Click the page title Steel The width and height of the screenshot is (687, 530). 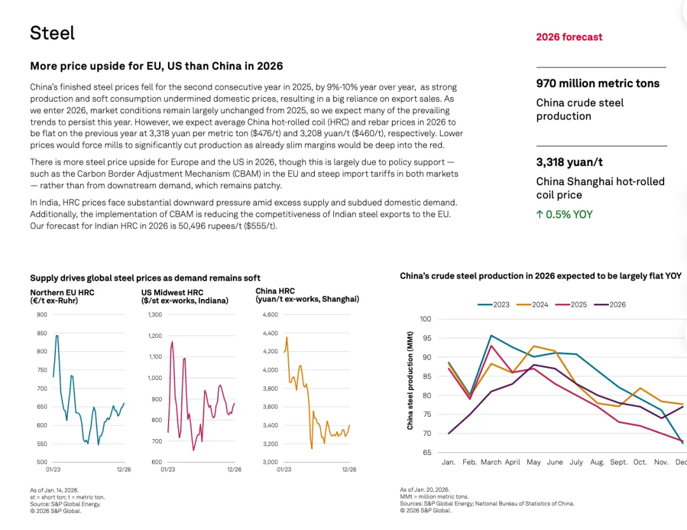tap(52, 33)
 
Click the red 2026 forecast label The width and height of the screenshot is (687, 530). tap(569, 37)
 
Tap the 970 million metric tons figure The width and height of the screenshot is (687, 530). tap(597, 83)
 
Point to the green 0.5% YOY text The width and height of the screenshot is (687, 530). tap(564, 214)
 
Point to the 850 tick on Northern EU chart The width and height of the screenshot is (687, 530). tap(41, 333)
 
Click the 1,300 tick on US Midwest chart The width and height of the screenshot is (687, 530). tap(155, 315)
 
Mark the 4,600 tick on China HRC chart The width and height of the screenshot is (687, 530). tap(270, 315)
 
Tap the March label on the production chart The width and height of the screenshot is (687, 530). tap(491, 463)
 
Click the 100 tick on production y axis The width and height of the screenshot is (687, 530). tap(426, 319)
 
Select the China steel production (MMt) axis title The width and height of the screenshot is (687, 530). tap(410, 380)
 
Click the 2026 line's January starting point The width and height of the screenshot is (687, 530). tap(448, 433)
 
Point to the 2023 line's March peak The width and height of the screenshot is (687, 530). tap(491, 335)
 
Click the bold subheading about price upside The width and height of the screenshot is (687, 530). tap(156, 66)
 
